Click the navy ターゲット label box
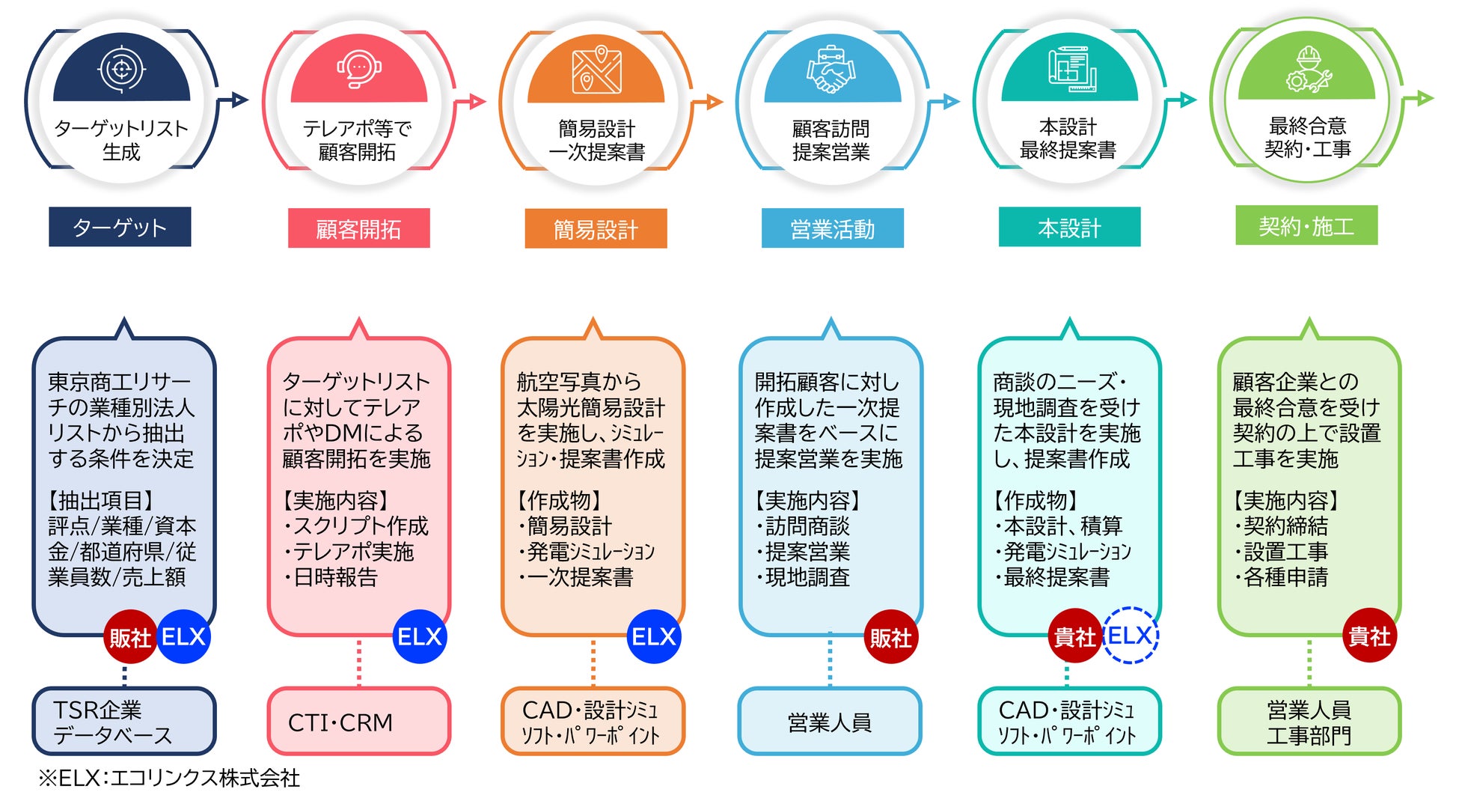120,227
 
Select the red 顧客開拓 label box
358,228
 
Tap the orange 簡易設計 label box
596,228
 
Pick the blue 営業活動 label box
832,228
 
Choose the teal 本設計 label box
1069,227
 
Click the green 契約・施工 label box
1306,225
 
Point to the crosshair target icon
121,70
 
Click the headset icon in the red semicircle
358,70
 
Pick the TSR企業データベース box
124,722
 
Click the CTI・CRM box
358,722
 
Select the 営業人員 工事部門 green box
1309,722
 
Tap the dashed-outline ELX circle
1130,636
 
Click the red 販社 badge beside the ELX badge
130,638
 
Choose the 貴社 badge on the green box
1369,636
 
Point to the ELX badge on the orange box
653,636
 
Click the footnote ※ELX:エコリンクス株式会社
169,779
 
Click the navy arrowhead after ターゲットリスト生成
239,99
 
